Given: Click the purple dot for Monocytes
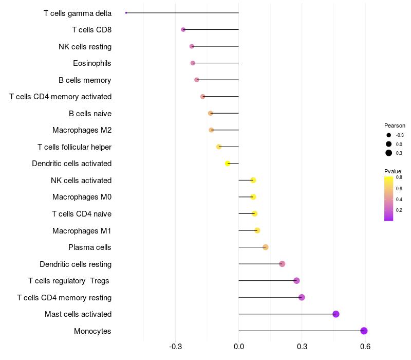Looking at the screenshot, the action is coord(364,331).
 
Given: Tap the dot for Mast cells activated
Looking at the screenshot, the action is coord(336,314).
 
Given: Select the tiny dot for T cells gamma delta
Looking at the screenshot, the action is coord(126,13).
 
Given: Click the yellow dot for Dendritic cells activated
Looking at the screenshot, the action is coord(228,164).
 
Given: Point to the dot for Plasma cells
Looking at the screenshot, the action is coord(266,247).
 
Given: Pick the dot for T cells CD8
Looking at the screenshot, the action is coord(183,30).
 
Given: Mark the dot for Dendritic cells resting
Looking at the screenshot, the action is coord(282,264).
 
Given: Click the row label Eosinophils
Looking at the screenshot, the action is coord(92,63).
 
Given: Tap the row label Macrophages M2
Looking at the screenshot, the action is coord(82,130).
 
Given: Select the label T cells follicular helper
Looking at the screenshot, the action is coord(74,147).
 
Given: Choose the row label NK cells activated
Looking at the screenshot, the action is coord(81,181).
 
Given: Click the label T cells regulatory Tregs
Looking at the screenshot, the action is coord(69,281).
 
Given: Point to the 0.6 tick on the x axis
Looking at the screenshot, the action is coord(365,347).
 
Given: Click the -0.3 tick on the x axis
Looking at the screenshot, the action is coord(175,347).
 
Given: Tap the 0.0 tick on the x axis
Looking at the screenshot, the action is coord(238,347).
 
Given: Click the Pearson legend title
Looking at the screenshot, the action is coord(395,125).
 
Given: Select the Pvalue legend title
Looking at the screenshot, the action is coord(393,171).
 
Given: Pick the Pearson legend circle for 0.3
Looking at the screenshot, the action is coord(389,153).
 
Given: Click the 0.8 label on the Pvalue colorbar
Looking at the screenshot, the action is coord(399,177).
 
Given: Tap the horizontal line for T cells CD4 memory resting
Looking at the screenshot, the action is coord(270,297).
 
